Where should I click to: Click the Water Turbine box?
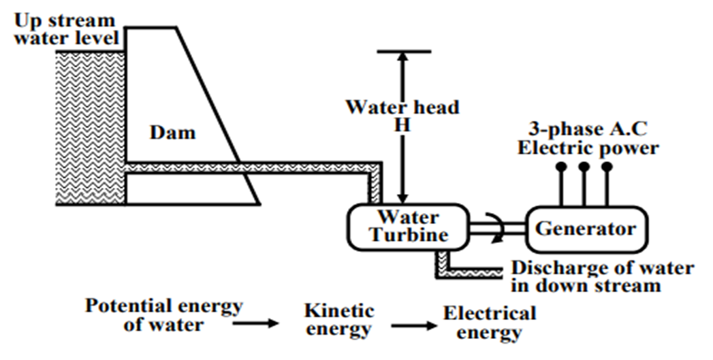pos(407,227)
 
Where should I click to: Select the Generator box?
pos(586,229)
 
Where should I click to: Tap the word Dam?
pos(172,132)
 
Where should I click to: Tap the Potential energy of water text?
pos(163,315)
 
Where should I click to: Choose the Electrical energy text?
pos(490,323)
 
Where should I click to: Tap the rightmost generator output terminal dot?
pos(607,167)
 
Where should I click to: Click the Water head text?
pos(402,108)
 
